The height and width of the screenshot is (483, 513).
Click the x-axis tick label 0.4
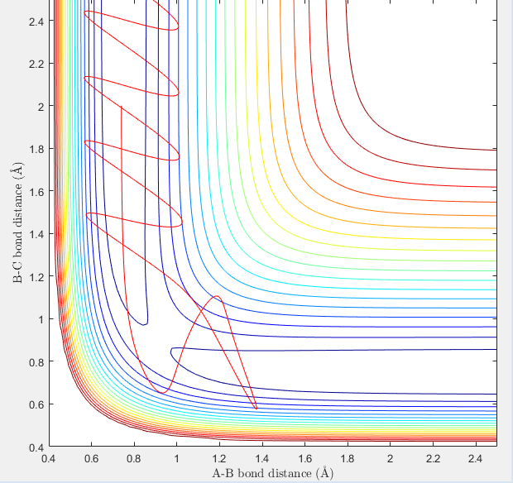(x=49, y=457)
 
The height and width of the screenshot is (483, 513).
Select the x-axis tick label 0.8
(x=134, y=457)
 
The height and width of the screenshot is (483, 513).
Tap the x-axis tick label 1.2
(x=219, y=457)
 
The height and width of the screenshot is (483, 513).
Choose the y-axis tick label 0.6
(x=36, y=404)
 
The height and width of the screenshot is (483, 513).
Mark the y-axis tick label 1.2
(x=36, y=276)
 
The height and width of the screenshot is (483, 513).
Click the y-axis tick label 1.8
(x=36, y=149)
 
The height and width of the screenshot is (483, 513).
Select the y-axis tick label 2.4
(x=36, y=22)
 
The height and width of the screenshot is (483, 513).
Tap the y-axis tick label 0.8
(x=36, y=361)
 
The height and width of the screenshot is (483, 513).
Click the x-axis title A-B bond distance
(x=272, y=473)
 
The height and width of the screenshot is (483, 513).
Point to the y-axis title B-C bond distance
(x=17, y=223)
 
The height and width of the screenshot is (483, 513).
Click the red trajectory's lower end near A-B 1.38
(x=256, y=409)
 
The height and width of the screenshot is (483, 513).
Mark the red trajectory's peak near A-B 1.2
(x=217, y=296)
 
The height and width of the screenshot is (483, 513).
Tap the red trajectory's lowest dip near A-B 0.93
(x=162, y=392)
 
